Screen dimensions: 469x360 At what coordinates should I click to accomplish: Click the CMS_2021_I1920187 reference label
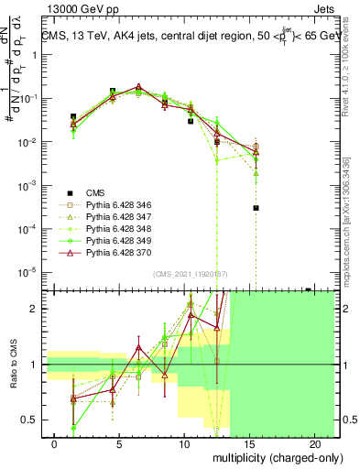click(191, 274)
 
